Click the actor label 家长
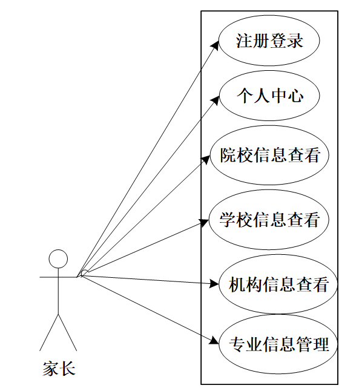59,369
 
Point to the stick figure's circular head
58,259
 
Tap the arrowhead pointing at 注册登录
216,45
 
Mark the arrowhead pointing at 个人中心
216,99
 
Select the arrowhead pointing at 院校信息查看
206,159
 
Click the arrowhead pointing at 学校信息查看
205,222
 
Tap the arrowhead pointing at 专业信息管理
214,341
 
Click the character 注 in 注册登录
245,41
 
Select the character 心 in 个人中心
295,96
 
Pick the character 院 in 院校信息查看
228,155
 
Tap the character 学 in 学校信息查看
228,220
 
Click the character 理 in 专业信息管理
321,344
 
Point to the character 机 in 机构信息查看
237,284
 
